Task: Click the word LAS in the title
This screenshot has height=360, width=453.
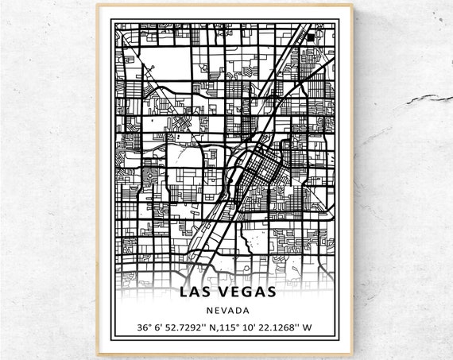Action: tap(196, 291)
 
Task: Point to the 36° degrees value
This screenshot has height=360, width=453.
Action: tap(144, 327)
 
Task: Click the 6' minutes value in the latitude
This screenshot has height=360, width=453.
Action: tap(161, 327)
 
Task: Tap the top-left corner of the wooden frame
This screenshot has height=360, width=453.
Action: tap(98, 6)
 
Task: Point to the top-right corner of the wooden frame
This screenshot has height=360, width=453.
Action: tap(356, 6)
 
